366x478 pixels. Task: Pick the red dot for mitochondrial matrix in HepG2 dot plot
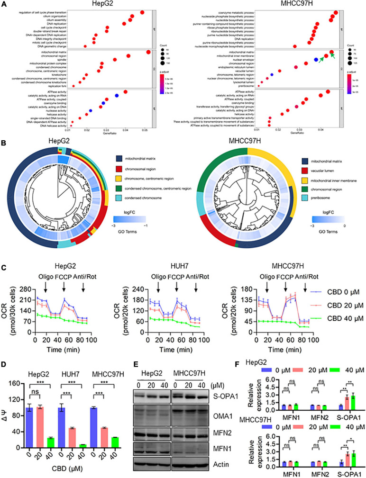pyautogui.click(x=148, y=52)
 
